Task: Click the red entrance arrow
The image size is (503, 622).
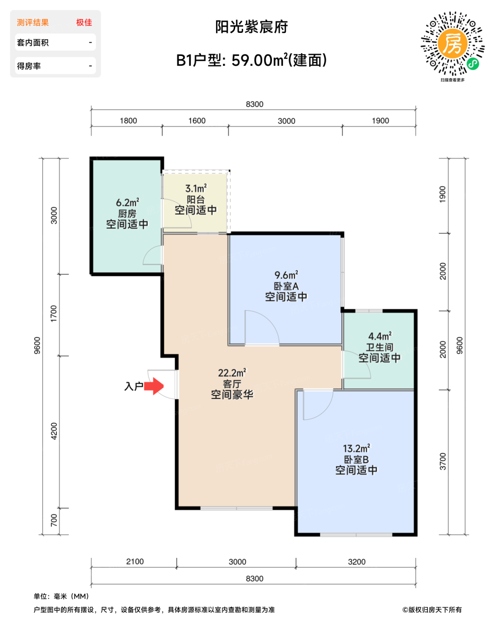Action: point(153,386)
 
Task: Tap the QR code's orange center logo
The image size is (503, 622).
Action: point(452,44)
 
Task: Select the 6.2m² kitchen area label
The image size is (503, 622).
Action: point(128,202)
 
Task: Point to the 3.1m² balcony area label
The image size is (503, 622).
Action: point(196,188)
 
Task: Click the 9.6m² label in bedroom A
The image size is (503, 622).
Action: point(286,275)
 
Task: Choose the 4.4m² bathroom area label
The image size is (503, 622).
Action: point(379,336)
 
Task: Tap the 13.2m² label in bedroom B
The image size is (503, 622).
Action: point(356,448)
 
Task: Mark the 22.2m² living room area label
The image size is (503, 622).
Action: point(232,373)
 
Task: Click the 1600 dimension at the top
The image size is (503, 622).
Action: point(196,120)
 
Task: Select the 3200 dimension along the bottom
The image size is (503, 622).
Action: point(356,562)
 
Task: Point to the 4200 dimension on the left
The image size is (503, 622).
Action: point(54,431)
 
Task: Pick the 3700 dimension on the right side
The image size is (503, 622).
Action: point(443,462)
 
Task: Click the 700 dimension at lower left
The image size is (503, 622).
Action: point(54,520)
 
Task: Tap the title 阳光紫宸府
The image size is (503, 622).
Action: point(251,27)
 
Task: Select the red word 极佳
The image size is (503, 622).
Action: point(84,23)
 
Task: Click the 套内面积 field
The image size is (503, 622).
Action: point(55,42)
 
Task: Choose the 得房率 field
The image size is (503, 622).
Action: point(55,66)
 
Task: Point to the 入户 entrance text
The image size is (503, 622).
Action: point(133,386)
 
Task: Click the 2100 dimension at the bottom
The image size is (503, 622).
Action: point(135,561)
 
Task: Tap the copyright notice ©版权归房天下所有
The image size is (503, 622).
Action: point(432,610)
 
